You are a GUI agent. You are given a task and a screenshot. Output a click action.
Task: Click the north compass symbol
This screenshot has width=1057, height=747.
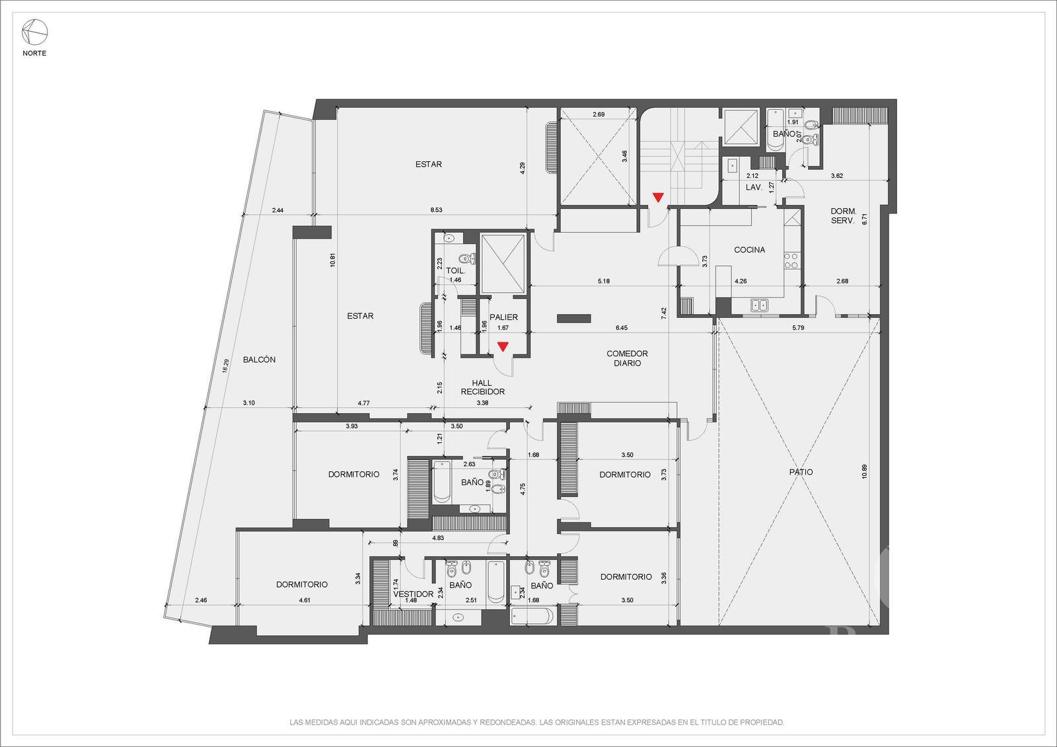(34, 32)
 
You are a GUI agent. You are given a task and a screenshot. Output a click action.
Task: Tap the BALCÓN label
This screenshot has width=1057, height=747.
(259, 360)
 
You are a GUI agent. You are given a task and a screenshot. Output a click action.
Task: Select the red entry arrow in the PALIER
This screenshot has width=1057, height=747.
(503, 346)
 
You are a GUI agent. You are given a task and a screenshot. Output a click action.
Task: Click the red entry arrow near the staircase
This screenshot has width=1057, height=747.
(658, 198)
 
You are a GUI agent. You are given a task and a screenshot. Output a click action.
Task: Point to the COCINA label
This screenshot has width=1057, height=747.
(749, 250)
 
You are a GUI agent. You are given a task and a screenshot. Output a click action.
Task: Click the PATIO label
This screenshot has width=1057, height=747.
(801, 472)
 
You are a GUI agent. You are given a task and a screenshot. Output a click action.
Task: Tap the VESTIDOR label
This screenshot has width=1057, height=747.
(414, 594)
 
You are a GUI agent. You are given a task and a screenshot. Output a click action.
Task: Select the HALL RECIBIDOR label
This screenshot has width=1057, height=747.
(482, 387)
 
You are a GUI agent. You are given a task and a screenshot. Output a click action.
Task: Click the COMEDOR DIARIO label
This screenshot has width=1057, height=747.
(627, 358)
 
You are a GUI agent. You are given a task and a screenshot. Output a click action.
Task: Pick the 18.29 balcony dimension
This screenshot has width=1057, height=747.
(225, 366)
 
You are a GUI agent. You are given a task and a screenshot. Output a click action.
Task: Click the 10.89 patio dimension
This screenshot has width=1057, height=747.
(864, 471)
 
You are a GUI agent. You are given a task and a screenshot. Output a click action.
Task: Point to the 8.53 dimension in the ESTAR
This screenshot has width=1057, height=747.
(436, 210)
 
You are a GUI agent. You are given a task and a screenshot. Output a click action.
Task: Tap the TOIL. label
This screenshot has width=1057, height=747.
(455, 271)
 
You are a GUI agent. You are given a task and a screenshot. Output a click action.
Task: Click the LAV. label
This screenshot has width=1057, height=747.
(754, 188)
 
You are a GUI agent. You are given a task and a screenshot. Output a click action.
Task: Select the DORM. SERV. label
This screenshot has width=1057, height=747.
(843, 216)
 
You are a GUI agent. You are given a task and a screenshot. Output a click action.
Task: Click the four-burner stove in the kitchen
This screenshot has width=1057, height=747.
(791, 261)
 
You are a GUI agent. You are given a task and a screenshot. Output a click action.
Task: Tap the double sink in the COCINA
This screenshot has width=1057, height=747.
(759, 305)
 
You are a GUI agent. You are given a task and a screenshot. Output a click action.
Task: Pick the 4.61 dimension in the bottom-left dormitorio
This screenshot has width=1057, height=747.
(305, 600)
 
